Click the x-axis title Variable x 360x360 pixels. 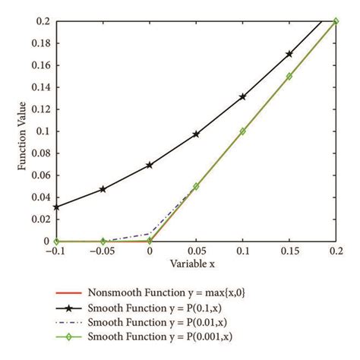(x=196, y=264)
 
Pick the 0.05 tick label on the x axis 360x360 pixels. (x=196, y=251)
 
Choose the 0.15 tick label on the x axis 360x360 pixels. (x=289, y=251)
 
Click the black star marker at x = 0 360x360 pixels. (x=150, y=165)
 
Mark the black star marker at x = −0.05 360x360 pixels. (x=103, y=189)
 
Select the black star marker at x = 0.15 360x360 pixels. (x=289, y=55)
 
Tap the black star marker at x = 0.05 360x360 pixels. (x=196, y=134)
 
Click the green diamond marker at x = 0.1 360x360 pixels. (x=243, y=131)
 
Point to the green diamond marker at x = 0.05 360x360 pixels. (x=196, y=186)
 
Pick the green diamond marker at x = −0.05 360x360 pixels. (x=103, y=242)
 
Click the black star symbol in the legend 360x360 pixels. (x=72, y=308)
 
